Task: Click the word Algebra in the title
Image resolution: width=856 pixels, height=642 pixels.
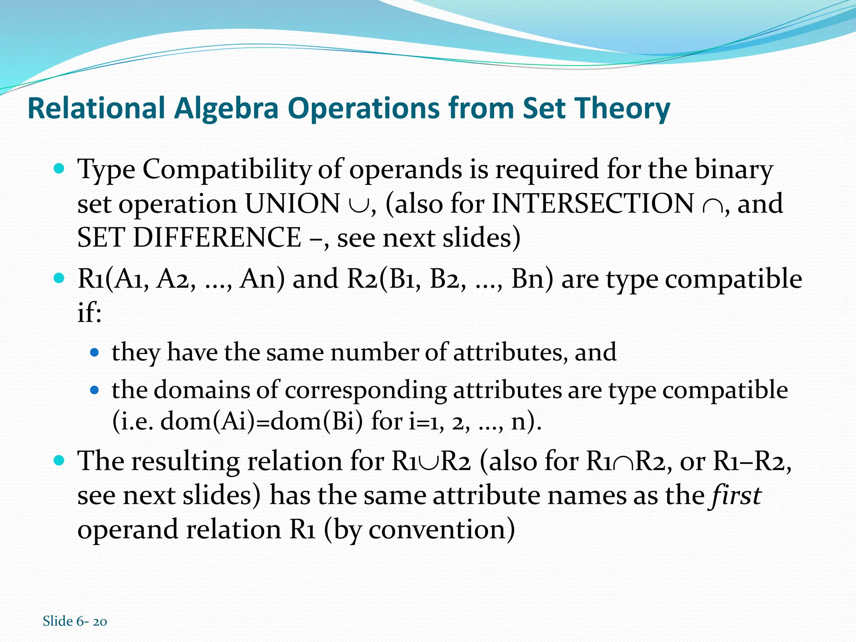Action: click(226, 108)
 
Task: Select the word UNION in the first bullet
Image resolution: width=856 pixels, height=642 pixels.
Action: click(292, 204)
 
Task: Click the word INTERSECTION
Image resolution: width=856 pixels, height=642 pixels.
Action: click(593, 204)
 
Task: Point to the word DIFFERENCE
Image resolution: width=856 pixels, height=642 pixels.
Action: click(217, 238)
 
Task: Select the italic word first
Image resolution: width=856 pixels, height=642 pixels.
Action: click(734, 495)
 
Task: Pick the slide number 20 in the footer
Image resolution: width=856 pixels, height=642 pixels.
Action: click(100, 622)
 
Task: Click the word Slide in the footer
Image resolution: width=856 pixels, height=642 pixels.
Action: click(58, 621)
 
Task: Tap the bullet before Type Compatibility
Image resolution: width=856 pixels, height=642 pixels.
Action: click(59, 169)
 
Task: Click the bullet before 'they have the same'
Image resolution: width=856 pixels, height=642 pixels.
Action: click(95, 352)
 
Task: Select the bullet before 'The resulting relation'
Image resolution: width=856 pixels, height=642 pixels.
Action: click(59, 461)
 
